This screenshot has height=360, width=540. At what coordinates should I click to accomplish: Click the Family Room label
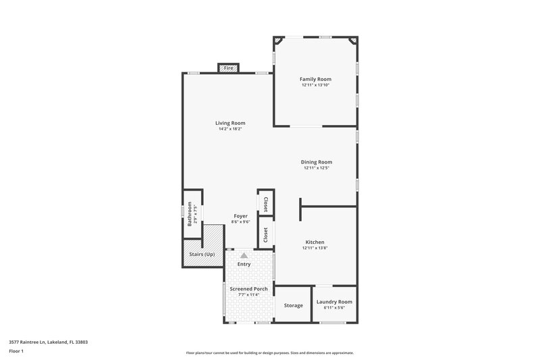coord(315,79)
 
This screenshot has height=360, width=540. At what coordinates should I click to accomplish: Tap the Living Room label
coord(230,123)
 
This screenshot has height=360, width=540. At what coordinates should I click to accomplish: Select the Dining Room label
coord(317,162)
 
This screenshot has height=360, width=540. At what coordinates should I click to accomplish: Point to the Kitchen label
coord(315,242)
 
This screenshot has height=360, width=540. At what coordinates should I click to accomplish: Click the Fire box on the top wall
coord(229,68)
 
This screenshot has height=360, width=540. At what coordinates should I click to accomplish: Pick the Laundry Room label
coord(334,302)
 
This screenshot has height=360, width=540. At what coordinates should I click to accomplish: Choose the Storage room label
coord(293,305)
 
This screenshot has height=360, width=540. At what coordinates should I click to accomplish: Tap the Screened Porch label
coord(248,289)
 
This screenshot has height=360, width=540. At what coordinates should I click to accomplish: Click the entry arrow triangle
coord(244,255)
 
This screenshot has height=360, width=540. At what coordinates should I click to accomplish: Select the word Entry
coord(244,264)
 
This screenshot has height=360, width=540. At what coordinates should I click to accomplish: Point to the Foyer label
coord(240,215)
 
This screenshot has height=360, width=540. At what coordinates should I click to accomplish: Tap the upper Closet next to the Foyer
coord(265,204)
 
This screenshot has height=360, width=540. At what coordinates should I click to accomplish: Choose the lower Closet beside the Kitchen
coord(265,234)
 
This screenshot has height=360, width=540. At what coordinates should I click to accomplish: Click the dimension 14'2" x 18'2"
coord(230,129)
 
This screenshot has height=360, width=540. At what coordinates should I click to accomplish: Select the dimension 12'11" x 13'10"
coord(315,85)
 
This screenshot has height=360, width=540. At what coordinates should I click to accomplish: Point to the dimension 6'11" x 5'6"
coord(334,308)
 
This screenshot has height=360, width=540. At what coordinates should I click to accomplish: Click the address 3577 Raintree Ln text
coord(48,342)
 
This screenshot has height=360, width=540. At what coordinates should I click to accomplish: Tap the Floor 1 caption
coord(16,352)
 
